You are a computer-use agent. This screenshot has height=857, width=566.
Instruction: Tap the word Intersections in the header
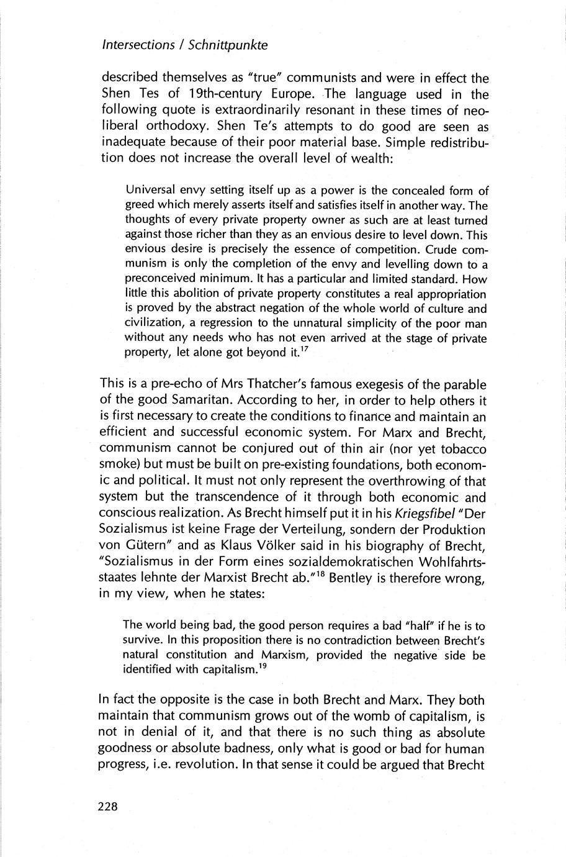click(138, 45)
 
